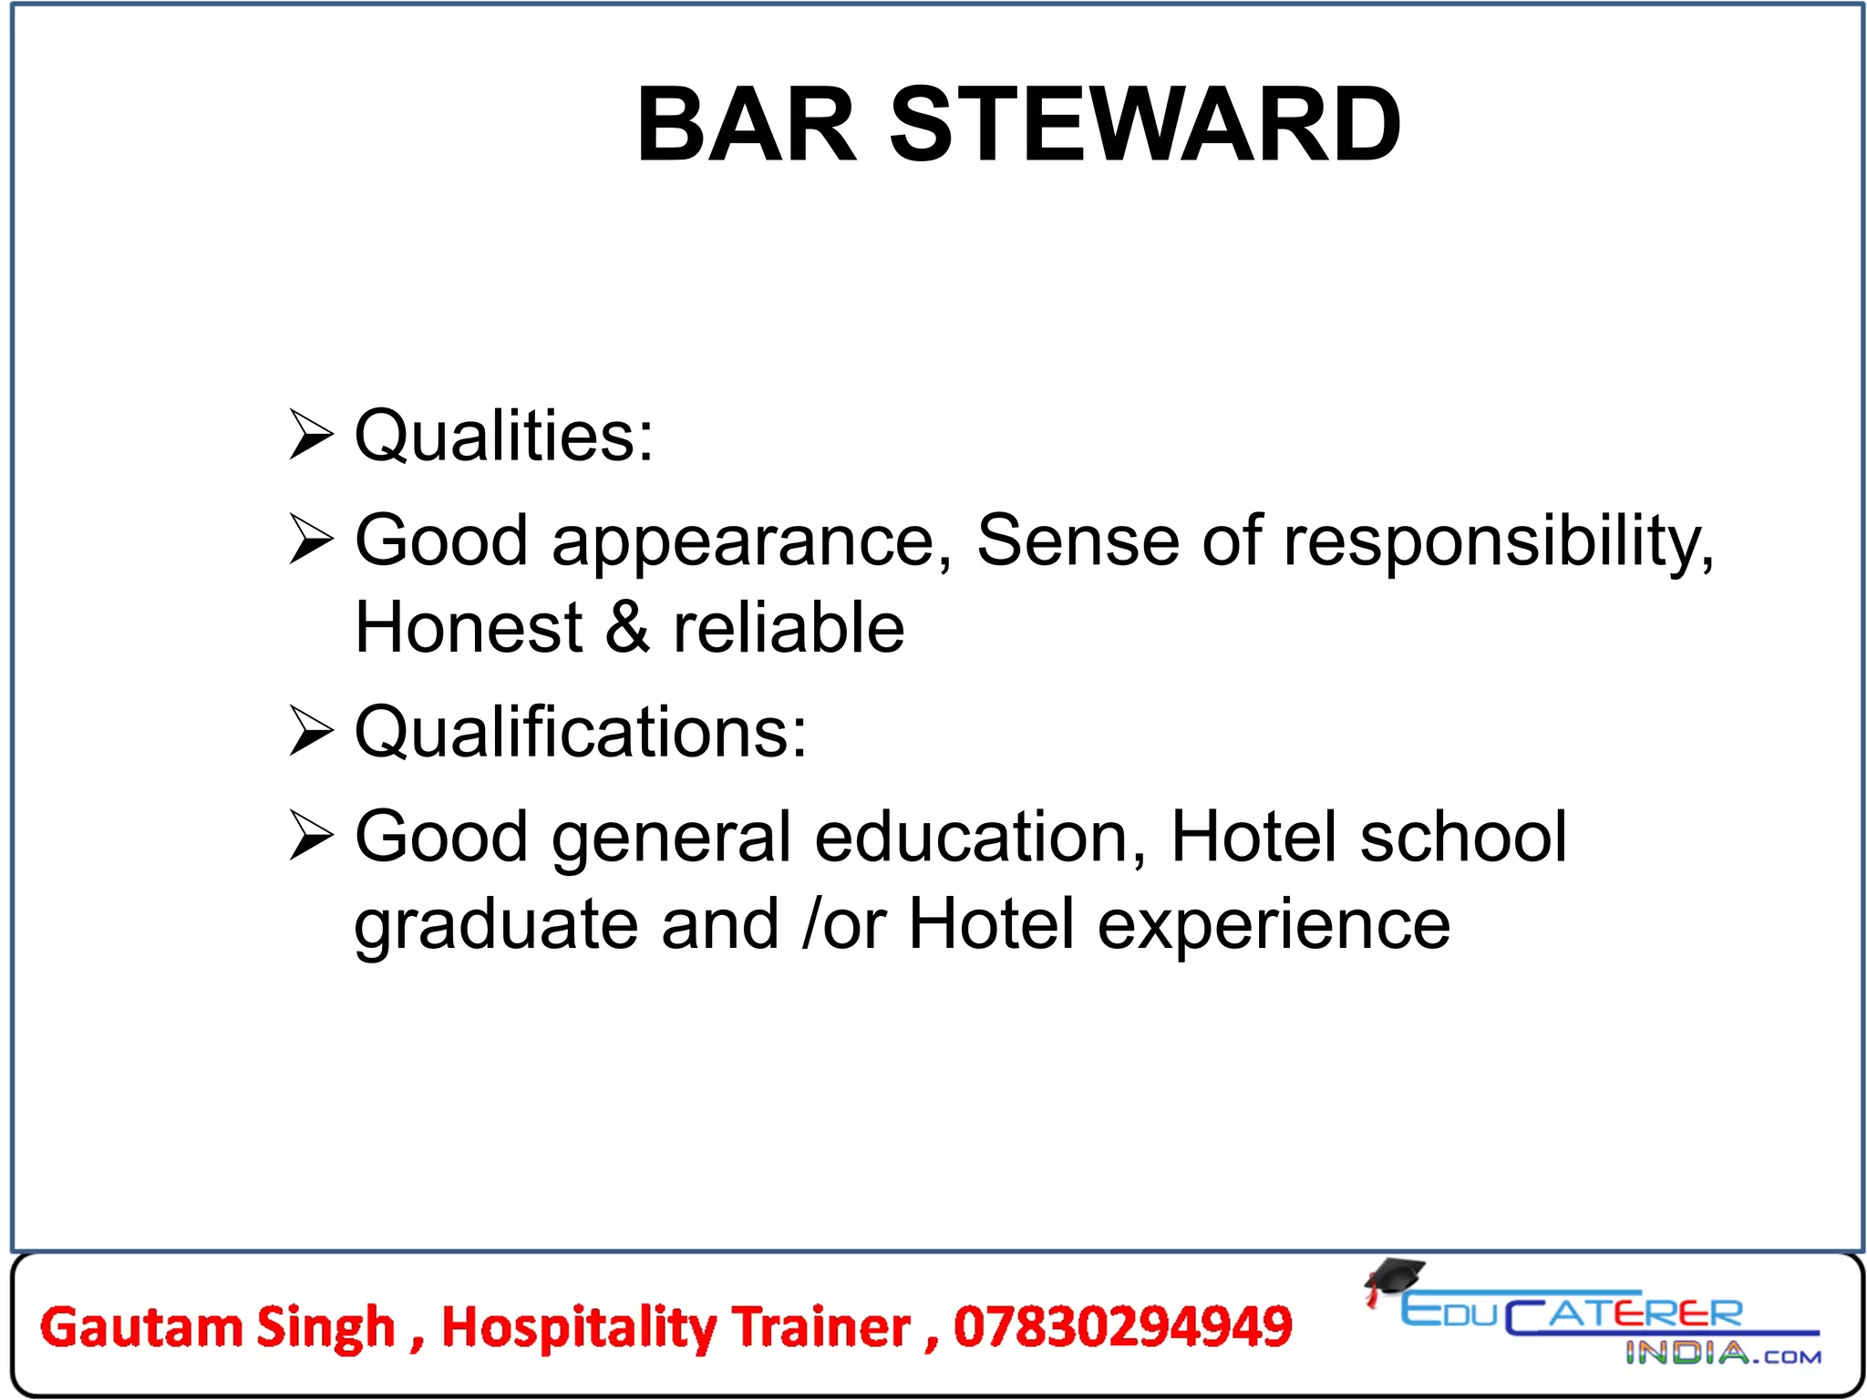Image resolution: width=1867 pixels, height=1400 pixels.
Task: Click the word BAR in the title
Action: [747, 125]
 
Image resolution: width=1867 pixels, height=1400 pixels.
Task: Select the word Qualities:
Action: [503, 436]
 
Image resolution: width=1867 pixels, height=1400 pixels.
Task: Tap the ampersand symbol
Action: [628, 628]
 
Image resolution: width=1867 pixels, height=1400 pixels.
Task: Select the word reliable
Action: [789, 628]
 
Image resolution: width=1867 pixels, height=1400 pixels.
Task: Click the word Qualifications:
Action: [581, 732]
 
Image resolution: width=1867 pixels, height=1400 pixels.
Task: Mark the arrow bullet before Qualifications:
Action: [310, 731]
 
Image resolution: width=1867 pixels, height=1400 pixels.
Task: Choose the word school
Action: [1463, 837]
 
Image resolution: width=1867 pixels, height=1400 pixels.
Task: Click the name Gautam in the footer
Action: [141, 1327]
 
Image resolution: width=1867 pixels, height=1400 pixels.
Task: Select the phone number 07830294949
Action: [1123, 1326]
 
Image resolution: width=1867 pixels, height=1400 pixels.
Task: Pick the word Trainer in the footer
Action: [821, 1327]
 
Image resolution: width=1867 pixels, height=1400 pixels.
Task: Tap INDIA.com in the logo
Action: [1723, 1354]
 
